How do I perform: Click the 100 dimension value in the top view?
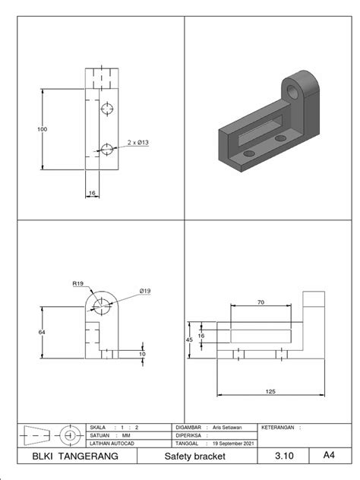(42, 130)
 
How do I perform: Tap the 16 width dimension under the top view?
(92, 193)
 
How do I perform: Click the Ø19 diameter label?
(145, 291)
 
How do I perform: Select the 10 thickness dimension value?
(141, 354)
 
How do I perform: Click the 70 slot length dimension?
(261, 302)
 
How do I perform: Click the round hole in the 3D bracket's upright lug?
(294, 92)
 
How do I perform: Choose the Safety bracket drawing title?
(195, 456)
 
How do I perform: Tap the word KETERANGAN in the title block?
(279, 427)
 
